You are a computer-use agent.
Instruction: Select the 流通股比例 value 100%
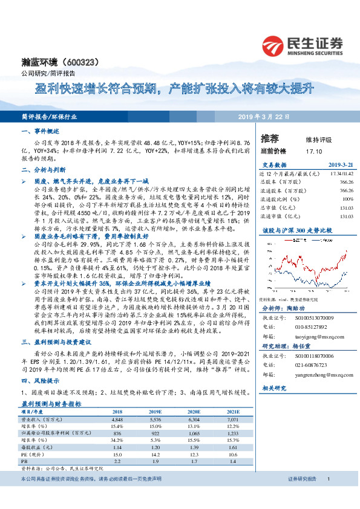click(347, 198)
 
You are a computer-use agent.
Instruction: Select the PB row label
click(24, 461)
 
